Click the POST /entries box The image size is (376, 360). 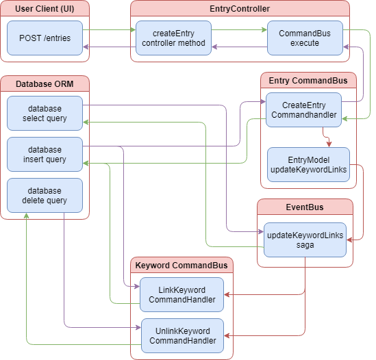45,38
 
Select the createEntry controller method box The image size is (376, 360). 173,38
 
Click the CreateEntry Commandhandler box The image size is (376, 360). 304,110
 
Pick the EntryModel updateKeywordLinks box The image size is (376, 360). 308,164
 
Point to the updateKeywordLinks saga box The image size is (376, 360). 305,240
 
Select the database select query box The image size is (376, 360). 45,114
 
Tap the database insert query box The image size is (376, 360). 45,155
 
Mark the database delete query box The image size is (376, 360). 45,196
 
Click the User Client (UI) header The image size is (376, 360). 45,8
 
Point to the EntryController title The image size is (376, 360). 240,8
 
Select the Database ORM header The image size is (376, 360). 45,83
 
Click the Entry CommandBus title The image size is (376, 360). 308,81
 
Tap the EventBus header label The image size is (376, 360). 305,207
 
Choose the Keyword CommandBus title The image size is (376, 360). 182,265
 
